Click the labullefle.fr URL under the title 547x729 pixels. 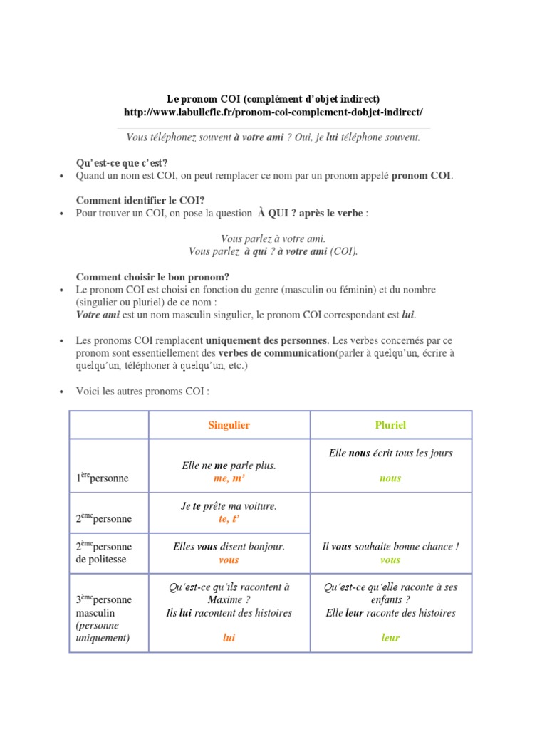coord(273,112)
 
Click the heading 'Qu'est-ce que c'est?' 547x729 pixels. coord(121,163)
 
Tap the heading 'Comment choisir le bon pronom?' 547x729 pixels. coord(152,277)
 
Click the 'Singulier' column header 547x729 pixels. coord(229,425)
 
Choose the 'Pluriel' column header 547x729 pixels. coord(390,425)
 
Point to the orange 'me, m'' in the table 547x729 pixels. coord(229,478)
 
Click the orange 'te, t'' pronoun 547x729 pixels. coord(229,519)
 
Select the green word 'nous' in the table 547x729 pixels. coord(390,478)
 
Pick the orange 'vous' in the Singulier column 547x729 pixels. coord(229,560)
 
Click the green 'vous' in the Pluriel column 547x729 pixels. coord(390,560)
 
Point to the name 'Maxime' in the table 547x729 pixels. coord(229,600)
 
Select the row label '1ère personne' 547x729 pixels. coord(102,478)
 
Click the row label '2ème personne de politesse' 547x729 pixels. coord(103,553)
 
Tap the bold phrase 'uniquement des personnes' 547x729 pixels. coord(266,340)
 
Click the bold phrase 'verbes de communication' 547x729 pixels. coord(276,353)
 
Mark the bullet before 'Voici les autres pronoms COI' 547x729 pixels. coord(62,392)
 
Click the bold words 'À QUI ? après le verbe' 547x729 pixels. coord(311,213)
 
